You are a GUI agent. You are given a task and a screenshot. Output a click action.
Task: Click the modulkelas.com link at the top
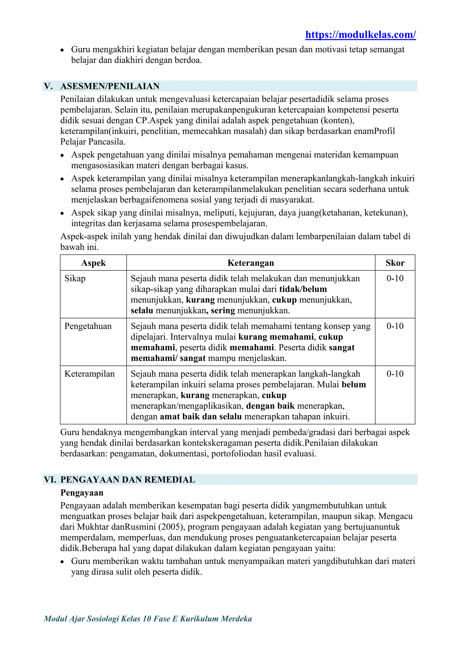tap(360, 35)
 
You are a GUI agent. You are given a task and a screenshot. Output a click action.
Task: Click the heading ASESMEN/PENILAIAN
tap(110, 86)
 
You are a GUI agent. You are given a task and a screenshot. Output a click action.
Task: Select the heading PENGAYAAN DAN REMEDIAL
tap(128, 480)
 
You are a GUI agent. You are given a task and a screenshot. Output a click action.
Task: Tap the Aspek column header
tap(93, 263)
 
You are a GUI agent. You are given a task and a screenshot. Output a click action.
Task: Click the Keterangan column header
tap(251, 263)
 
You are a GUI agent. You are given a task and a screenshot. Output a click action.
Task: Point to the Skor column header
tap(395, 263)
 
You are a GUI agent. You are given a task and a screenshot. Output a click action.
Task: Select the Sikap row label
tap(75, 279)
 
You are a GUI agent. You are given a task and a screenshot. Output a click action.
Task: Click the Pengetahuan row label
tap(88, 326)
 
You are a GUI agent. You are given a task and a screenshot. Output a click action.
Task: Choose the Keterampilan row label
tap(90, 374)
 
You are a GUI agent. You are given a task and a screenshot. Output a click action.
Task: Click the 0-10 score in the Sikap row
tap(395, 279)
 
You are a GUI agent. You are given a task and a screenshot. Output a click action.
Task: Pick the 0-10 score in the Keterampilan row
tap(395, 374)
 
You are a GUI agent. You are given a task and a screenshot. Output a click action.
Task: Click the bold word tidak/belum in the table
tap(303, 289)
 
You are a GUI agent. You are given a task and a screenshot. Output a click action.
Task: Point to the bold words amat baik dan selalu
tap(201, 417)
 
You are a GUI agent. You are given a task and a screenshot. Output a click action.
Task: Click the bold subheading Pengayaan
tap(82, 493)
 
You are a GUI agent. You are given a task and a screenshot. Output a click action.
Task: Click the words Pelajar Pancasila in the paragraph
tap(93, 142)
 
